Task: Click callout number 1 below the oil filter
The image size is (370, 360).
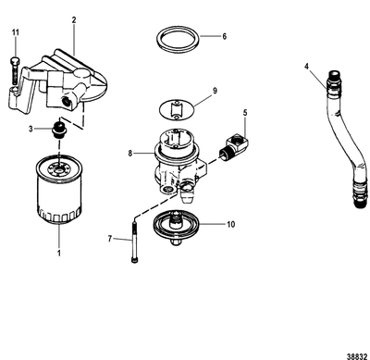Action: pos(61,252)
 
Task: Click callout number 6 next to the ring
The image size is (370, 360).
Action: pos(223,36)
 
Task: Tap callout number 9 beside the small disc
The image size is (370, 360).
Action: pos(214,91)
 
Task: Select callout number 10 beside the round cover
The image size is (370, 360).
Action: pos(231,224)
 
